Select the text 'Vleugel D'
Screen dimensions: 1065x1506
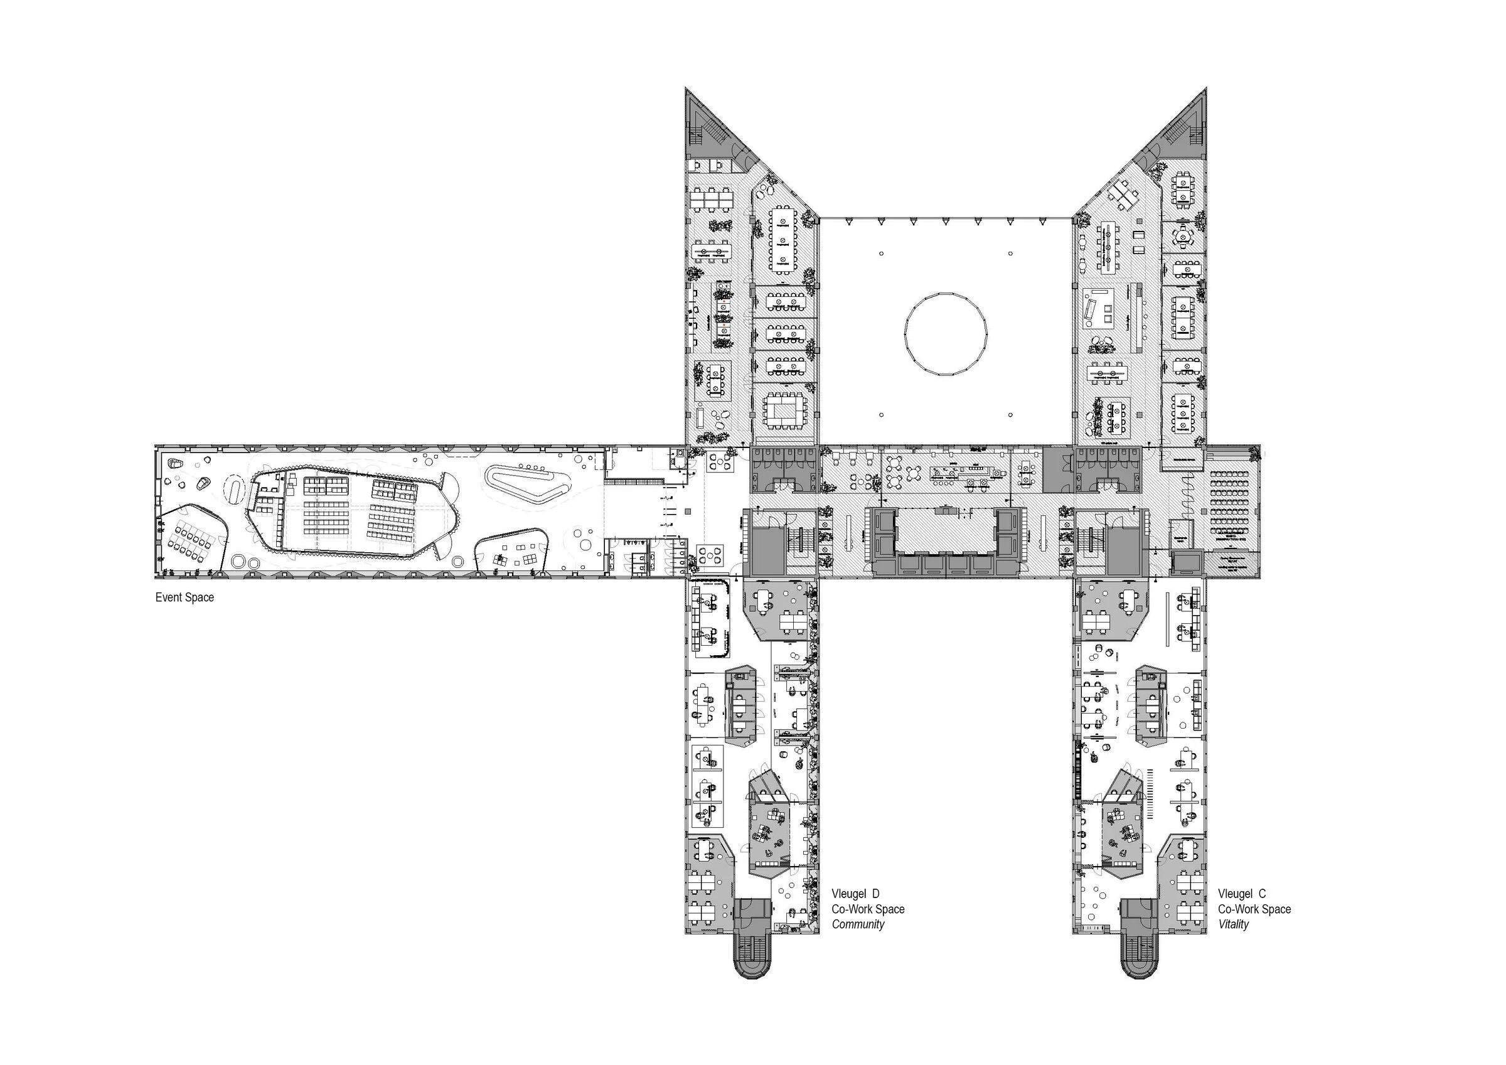855,894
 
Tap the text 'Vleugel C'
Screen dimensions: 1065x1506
1242,894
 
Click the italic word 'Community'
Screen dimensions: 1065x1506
858,924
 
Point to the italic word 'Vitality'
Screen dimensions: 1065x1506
1233,924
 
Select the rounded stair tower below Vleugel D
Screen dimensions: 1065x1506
752,965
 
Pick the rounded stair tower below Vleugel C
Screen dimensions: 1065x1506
1140,965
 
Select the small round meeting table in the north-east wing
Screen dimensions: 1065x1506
1182,235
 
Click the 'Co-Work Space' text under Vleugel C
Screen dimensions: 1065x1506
1254,909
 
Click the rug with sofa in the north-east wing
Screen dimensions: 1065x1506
1099,308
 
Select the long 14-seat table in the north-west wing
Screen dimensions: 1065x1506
782,239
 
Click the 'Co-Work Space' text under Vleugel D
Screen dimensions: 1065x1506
868,909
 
